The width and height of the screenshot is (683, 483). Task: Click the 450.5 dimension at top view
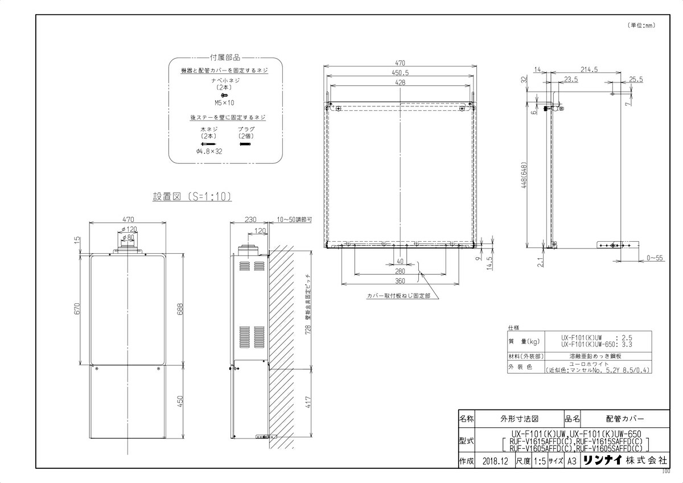(401, 73)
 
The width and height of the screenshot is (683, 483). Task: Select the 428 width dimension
(401, 83)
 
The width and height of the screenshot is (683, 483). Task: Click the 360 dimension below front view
(401, 280)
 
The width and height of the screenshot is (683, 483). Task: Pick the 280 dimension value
(401, 271)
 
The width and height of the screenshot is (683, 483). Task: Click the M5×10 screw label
(224, 103)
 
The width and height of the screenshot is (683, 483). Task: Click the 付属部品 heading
(225, 57)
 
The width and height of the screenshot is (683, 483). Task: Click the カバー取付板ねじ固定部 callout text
(399, 296)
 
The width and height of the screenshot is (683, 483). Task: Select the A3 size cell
(571, 461)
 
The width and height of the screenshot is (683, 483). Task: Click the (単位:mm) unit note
(642, 25)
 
